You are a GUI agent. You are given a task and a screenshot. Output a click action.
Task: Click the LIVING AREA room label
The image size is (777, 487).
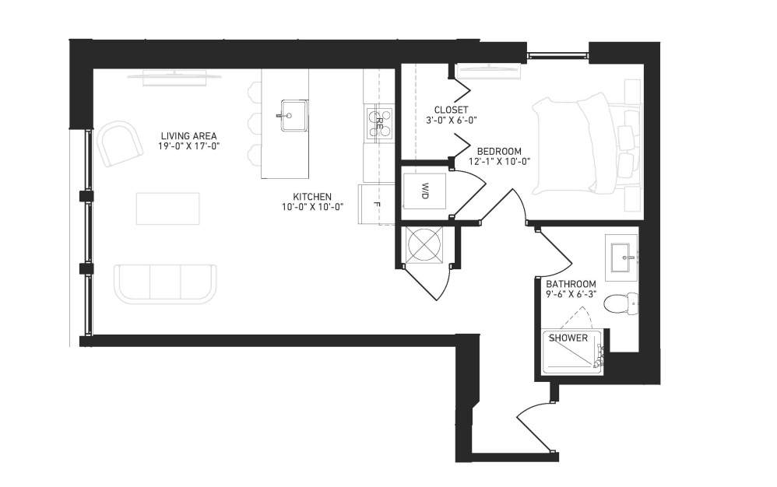point(188,135)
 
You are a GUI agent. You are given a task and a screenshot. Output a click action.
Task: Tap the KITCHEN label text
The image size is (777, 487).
point(312,197)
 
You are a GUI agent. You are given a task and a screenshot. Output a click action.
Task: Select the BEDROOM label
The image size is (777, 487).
point(499,151)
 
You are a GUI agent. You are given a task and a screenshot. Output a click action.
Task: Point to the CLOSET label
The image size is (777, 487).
point(451,110)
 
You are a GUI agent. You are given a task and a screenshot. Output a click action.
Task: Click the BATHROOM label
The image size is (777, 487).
point(571,284)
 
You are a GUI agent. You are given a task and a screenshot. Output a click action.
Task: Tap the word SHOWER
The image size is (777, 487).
point(568,338)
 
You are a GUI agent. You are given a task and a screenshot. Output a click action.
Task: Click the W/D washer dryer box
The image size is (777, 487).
point(424,191)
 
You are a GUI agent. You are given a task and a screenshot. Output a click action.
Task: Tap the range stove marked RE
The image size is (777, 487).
point(380,121)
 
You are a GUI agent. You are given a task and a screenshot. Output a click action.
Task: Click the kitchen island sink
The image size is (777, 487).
point(294,116)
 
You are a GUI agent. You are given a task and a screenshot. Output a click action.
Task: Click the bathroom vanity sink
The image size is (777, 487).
point(624,258)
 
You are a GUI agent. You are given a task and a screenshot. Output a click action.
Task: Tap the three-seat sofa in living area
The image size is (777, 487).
point(166,284)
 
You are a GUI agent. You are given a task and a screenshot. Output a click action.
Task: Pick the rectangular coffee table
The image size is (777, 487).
point(168,208)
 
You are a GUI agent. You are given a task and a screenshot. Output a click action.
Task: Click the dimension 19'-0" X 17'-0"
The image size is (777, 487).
point(188,146)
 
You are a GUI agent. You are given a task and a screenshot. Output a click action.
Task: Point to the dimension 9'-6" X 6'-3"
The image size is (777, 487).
point(571,293)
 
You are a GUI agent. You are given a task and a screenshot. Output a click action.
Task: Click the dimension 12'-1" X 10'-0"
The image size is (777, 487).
point(499,161)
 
